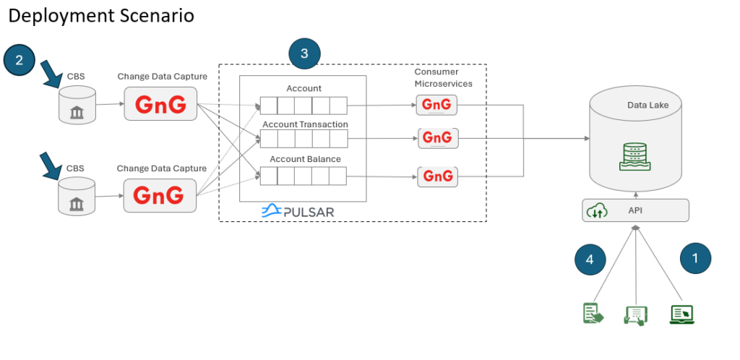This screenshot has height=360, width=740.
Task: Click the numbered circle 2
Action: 20,60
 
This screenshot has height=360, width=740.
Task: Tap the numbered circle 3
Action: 304,53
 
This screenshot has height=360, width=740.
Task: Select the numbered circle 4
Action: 590,259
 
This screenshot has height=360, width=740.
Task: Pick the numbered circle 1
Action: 695,258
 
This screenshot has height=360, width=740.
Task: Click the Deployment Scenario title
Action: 101,16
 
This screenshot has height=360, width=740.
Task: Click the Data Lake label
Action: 647,106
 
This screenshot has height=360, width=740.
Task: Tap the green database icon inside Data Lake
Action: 634,157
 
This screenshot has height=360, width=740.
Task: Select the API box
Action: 635,210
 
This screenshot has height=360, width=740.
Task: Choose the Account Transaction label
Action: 306,124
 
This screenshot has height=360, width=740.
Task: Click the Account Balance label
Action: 306,159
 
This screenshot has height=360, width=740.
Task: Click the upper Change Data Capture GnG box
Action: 160,104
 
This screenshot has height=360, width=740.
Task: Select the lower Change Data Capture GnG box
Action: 160,195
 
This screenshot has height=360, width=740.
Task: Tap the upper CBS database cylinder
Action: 77,105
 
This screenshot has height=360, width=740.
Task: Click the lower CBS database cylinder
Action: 77,197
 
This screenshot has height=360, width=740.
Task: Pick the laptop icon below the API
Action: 682,314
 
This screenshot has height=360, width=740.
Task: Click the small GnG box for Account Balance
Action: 437,176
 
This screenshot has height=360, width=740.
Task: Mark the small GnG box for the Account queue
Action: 436,105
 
